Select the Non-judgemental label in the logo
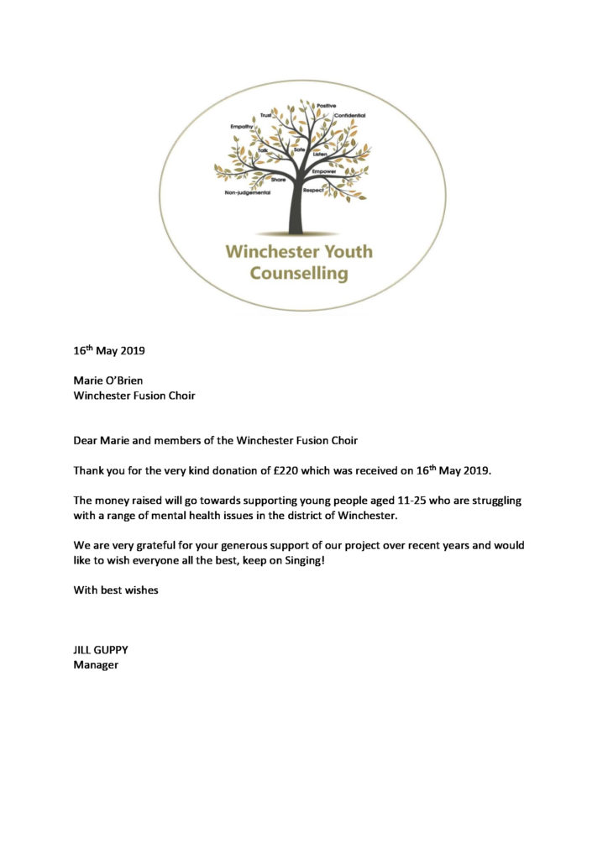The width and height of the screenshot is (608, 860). point(246,192)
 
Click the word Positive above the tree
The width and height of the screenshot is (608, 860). point(326,105)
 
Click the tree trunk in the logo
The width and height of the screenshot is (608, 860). point(295,210)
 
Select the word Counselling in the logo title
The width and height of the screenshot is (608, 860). point(299,273)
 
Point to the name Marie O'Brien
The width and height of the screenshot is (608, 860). point(107,380)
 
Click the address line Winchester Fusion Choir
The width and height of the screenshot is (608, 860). point(134,396)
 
